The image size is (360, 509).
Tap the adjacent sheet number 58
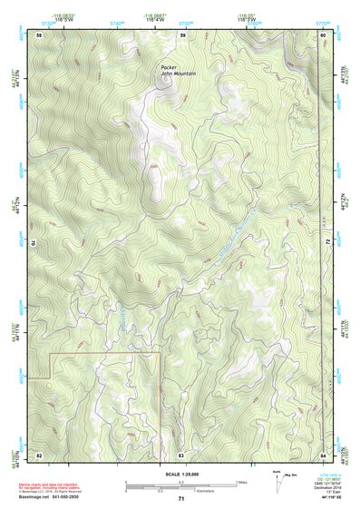(38, 34)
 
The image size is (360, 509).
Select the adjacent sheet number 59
(181, 34)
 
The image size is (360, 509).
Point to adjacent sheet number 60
(323, 34)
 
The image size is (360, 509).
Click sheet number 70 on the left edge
(37, 243)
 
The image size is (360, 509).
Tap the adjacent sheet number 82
(38, 453)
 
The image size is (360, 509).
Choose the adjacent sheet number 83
(181, 453)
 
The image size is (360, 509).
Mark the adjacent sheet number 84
(323, 453)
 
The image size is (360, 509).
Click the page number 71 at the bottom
(181, 499)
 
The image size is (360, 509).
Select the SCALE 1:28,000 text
(180, 474)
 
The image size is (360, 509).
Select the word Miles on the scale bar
(242, 481)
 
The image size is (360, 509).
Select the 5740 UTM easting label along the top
(116, 20)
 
